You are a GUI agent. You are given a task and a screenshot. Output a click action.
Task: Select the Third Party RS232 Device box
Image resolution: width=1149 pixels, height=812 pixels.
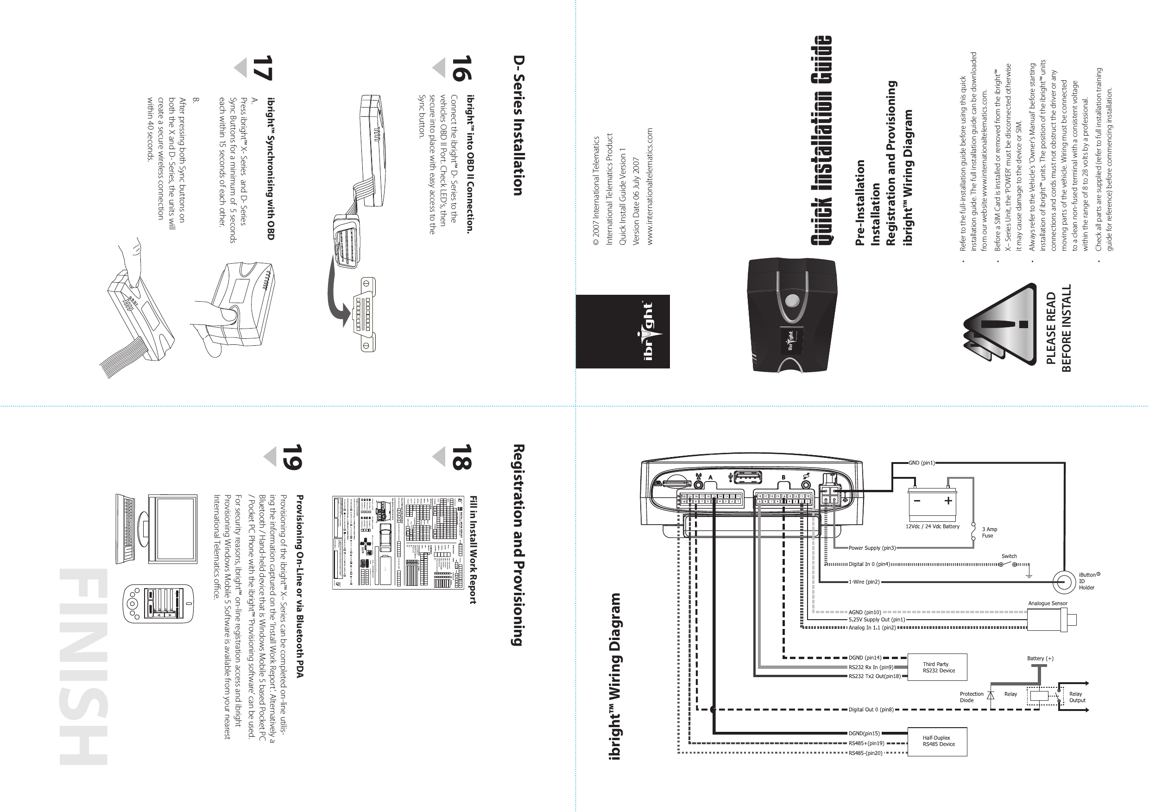(937, 667)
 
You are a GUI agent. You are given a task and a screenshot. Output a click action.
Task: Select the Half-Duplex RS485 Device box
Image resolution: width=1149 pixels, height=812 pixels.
(937, 741)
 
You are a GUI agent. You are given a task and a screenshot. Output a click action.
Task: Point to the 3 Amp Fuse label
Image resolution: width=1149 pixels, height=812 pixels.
(989, 532)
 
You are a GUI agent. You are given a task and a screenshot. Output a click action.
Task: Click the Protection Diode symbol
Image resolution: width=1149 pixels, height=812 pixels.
(990, 697)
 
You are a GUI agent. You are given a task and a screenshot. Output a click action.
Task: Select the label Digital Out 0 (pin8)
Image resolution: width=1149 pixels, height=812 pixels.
(871, 710)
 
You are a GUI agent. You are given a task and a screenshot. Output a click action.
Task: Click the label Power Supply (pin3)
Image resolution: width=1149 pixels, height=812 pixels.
(872, 548)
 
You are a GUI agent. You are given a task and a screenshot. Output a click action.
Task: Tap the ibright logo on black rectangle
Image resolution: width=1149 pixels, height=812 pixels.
(623, 331)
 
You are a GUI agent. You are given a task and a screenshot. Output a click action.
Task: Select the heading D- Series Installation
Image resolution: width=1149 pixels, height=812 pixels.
(518, 132)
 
